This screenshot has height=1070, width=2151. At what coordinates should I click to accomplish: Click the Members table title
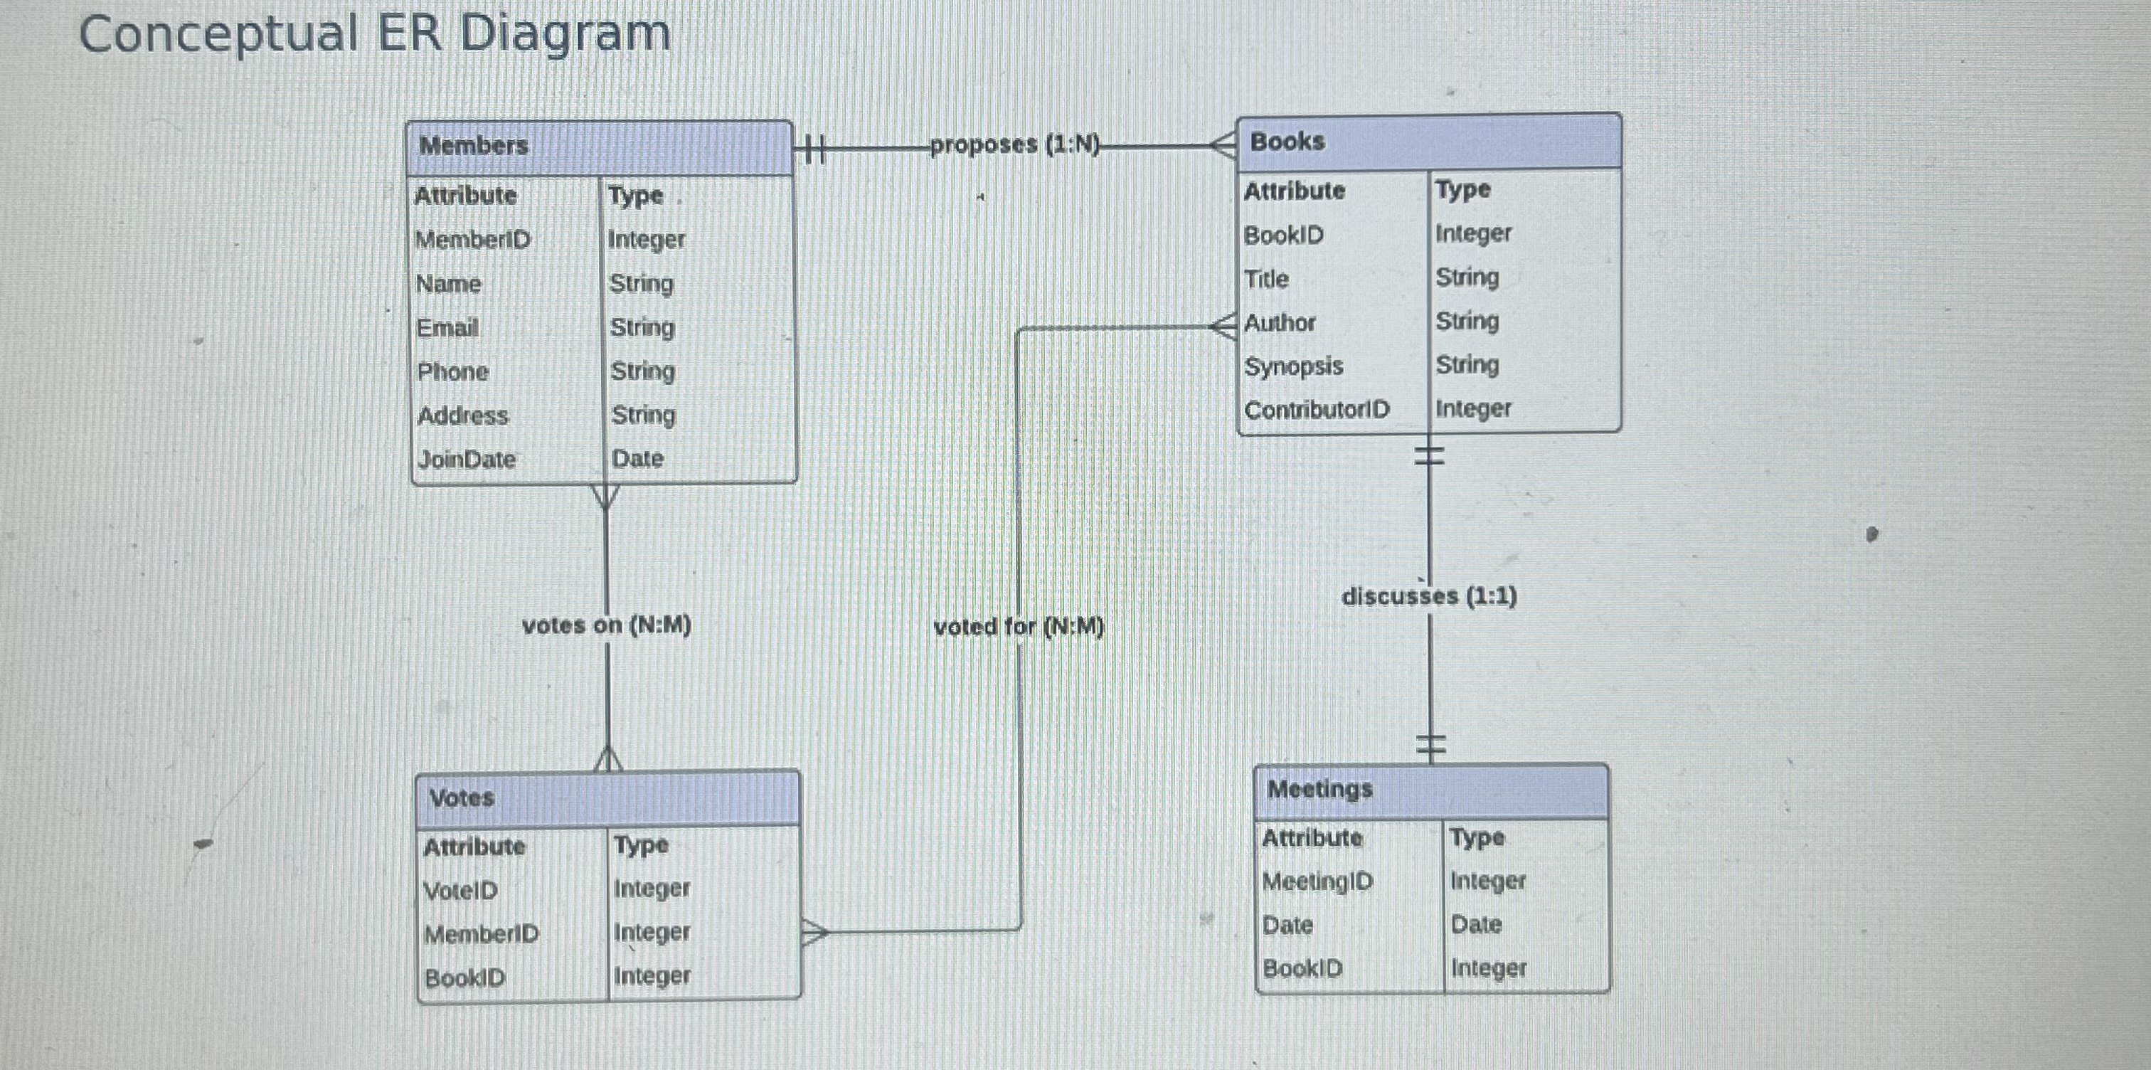(x=474, y=145)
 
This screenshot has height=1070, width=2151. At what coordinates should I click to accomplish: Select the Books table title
(x=1287, y=141)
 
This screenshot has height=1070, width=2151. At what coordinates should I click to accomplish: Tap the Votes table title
(x=461, y=798)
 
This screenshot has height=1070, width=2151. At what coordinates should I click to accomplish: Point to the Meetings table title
(x=1319, y=788)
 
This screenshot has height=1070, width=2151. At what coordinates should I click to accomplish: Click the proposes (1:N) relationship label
(x=1014, y=144)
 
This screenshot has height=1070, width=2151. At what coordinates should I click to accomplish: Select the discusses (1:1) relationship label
(x=1429, y=595)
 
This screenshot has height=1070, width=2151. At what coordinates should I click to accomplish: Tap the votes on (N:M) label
(x=606, y=625)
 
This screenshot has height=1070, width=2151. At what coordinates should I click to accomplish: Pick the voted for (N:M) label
(x=1019, y=627)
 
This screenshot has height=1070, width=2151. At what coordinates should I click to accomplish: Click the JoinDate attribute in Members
(x=466, y=460)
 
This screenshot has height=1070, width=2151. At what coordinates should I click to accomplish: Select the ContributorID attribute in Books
(x=1317, y=410)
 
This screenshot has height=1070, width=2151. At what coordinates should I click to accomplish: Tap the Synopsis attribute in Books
(x=1293, y=366)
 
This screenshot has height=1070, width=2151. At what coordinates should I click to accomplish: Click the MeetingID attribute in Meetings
(x=1317, y=881)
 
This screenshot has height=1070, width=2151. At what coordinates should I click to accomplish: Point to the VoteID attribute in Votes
(x=460, y=891)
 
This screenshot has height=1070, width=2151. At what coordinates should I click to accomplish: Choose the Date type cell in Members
(x=637, y=459)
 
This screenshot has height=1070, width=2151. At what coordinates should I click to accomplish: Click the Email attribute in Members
(x=447, y=327)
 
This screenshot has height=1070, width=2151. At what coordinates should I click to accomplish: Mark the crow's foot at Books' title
(x=1224, y=145)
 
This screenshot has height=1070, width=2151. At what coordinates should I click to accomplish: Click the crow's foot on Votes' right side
(x=813, y=931)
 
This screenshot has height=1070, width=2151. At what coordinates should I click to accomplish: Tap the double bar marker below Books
(x=1430, y=455)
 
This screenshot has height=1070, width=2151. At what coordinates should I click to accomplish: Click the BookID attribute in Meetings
(x=1302, y=969)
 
